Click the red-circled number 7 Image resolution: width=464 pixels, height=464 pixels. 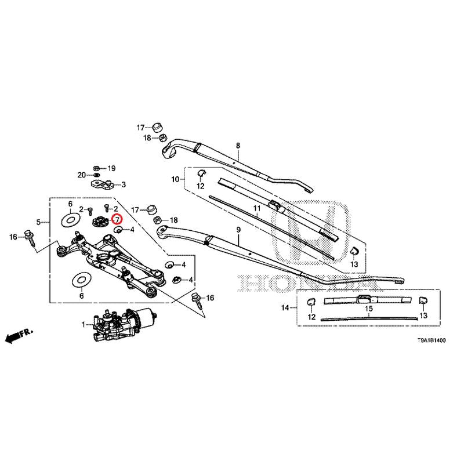(117, 220)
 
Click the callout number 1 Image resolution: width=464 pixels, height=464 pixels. (83, 324)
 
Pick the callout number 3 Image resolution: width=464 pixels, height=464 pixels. (122, 186)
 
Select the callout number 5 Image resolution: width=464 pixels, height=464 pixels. (38, 222)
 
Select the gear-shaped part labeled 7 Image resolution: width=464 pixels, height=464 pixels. (101, 221)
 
